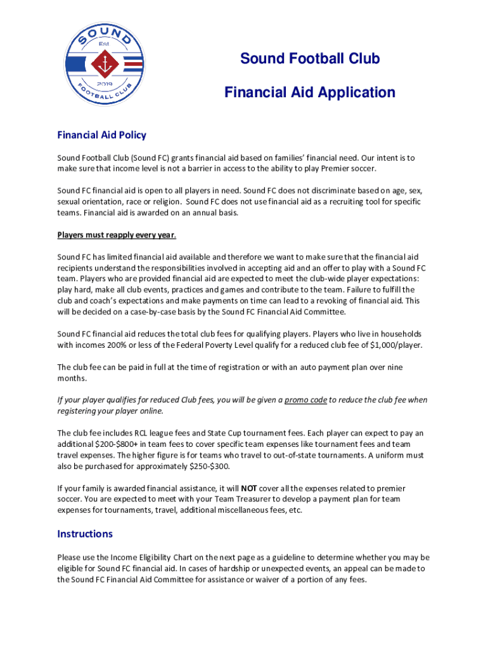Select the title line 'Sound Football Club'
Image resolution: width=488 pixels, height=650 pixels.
click(x=309, y=59)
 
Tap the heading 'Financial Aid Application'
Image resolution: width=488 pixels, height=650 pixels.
click(x=309, y=93)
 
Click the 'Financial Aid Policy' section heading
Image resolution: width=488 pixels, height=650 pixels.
click(x=101, y=135)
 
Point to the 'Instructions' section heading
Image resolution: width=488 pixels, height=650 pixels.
click(x=85, y=533)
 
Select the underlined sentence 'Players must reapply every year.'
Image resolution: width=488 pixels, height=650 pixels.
click(x=117, y=235)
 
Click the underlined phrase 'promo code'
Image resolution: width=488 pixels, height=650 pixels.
click(x=305, y=400)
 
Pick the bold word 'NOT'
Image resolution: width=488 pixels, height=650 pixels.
click(x=248, y=488)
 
